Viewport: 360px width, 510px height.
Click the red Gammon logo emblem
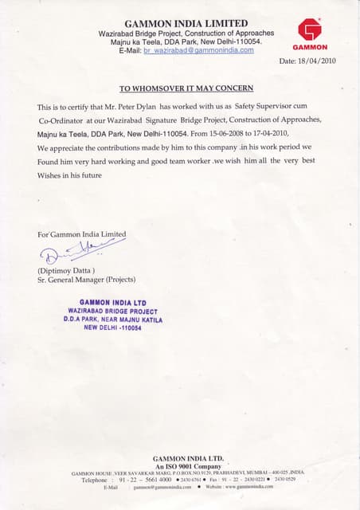(x=309, y=29)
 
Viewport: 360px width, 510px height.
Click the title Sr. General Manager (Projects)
(x=87, y=280)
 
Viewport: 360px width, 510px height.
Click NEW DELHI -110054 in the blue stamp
(x=112, y=327)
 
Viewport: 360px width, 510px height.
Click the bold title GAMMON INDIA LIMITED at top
(x=187, y=22)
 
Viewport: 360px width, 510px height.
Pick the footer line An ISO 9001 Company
(x=187, y=465)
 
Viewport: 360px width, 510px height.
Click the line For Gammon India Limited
(x=81, y=234)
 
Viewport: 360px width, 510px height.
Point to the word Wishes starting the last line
(x=53, y=175)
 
